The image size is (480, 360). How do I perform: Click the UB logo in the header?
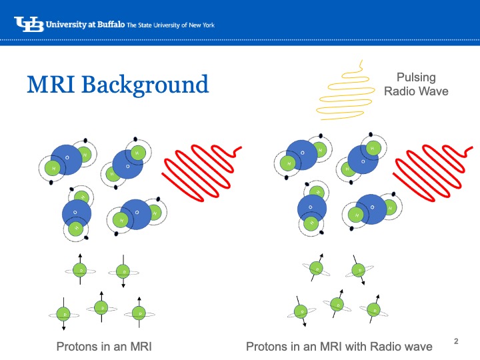pyautogui.click(x=28, y=25)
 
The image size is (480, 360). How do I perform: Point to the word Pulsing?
pyautogui.click(x=416, y=79)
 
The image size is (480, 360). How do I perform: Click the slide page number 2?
pyautogui.click(x=457, y=341)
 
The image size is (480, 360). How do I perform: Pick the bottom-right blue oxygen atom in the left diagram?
pyautogui.click(x=137, y=213)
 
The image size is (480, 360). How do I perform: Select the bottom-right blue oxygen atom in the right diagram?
pyautogui.click(x=372, y=209)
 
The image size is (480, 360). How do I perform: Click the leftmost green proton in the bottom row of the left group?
pyautogui.click(x=64, y=313)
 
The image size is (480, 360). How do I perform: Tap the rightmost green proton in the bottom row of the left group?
pyautogui.click(x=139, y=312)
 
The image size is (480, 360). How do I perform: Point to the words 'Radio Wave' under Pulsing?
pyautogui.click(x=416, y=91)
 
